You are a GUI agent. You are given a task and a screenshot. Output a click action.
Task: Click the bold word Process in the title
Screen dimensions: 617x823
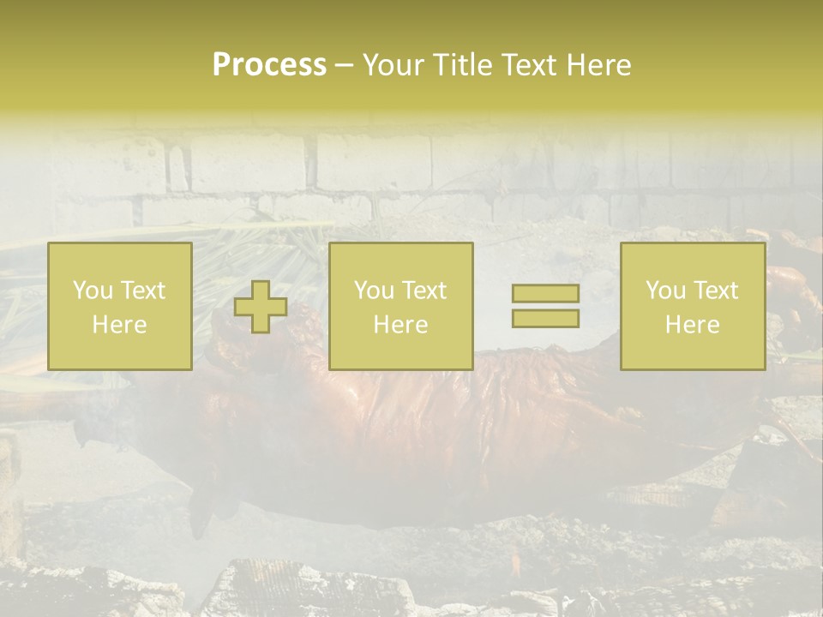[x=269, y=65]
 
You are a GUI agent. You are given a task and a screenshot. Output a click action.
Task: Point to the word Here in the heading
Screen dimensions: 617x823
[x=598, y=65]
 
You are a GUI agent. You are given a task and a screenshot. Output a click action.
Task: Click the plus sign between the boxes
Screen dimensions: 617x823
[x=261, y=307]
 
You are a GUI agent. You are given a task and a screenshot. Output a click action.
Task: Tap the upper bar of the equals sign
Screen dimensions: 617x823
[x=545, y=294]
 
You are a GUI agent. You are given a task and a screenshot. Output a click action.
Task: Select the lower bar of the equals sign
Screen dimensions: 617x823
[x=545, y=319]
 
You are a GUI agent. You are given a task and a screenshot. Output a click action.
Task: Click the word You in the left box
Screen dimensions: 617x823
[x=92, y=291]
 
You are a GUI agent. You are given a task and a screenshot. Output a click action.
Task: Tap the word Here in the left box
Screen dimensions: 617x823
[x=119, y=325]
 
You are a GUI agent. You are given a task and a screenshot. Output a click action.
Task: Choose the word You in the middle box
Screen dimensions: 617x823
[x=373, y=291]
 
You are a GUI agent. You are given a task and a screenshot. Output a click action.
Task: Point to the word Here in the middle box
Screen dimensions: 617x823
[x=400, y=325]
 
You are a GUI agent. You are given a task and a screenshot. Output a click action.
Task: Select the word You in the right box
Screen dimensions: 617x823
[x=664, y=291]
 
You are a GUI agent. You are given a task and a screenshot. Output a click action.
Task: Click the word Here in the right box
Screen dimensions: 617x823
[x=692, y=325]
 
